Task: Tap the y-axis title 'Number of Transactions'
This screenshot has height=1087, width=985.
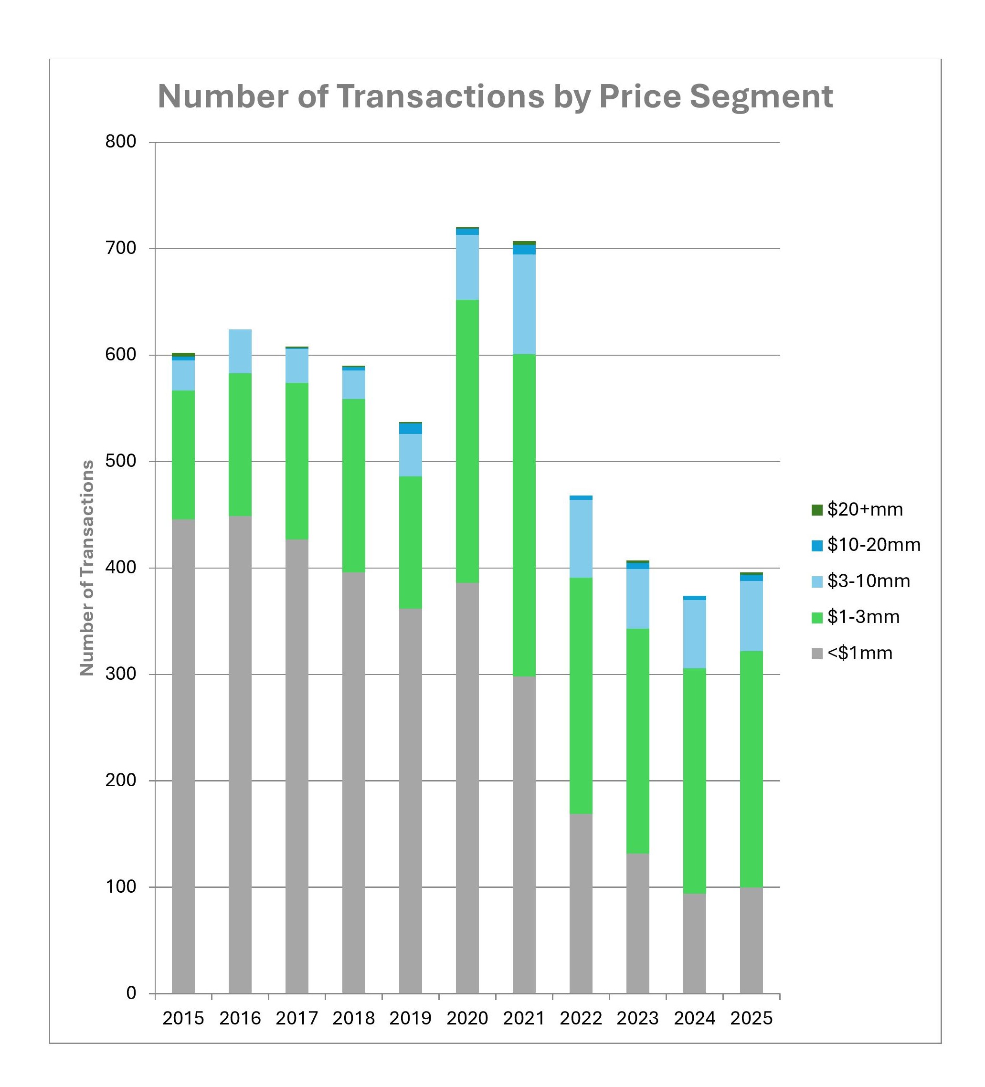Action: click(87, 568)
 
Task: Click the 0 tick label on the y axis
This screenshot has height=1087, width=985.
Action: click(131, 992)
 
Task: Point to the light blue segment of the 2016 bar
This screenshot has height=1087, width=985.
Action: click(240, 351)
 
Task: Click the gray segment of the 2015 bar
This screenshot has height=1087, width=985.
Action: click(183, 755)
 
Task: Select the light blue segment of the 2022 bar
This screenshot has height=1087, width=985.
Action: click(581, 538)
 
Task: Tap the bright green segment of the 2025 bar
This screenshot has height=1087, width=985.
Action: click(751, 768)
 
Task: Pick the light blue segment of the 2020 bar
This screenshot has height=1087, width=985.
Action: click(467, 267)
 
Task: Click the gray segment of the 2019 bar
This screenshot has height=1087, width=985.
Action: click(410, 801)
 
